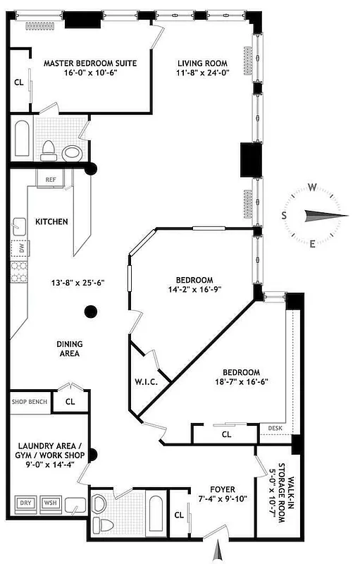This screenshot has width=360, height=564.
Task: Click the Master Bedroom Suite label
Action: [x=89, y=63]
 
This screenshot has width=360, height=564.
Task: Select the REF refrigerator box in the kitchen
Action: [x=51, y=180]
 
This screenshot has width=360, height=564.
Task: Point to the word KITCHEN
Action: [x=51, y=222]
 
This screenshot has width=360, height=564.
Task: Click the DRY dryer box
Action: [x=25, y=503]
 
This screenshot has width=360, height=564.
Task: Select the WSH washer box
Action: [x=50, y=503]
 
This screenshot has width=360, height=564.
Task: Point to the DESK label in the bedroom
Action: [x=273, y=428]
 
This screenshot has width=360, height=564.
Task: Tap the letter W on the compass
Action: [x=311, y=188]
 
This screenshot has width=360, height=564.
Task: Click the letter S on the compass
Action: [x=284, y=216]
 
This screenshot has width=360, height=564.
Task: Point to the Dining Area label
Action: [x=70, y=349]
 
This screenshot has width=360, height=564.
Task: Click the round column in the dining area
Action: [x=90, y=311]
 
